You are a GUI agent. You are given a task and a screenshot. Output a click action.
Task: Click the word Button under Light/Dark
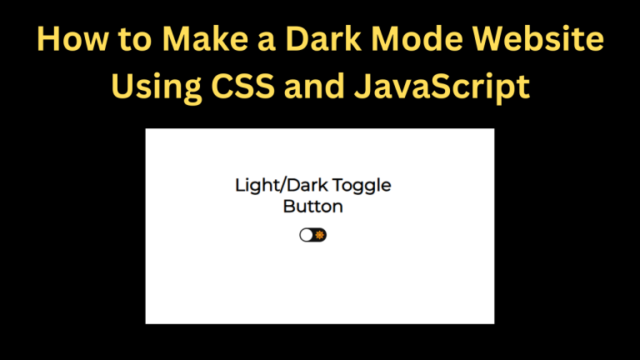click(x=312, y=206)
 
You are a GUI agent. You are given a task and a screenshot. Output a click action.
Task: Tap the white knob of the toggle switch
click(x=307, y=235)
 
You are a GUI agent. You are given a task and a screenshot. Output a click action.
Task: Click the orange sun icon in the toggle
click(x=320, y=235)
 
